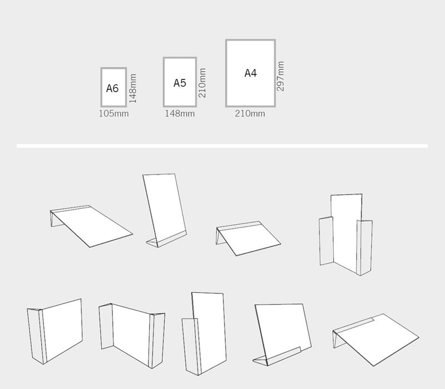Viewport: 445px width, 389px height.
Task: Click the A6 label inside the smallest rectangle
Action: [112, 88]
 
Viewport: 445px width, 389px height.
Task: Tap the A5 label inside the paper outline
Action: [180, 83]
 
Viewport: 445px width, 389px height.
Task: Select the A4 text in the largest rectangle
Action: [250, 73]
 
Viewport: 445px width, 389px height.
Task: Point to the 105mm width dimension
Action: [113, 114]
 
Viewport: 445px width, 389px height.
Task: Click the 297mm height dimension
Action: [281, 76]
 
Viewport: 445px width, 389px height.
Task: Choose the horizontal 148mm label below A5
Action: [180, 114]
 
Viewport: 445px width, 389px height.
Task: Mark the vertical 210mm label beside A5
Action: [202, 83]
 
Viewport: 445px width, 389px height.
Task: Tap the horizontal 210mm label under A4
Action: [250, 114]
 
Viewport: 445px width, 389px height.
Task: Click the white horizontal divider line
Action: [222, 146]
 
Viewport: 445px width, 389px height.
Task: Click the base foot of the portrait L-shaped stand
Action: [161, 242]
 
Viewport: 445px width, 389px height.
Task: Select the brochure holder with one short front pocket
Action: [204, 333]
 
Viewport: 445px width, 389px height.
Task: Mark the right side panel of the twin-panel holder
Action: [365, 247]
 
